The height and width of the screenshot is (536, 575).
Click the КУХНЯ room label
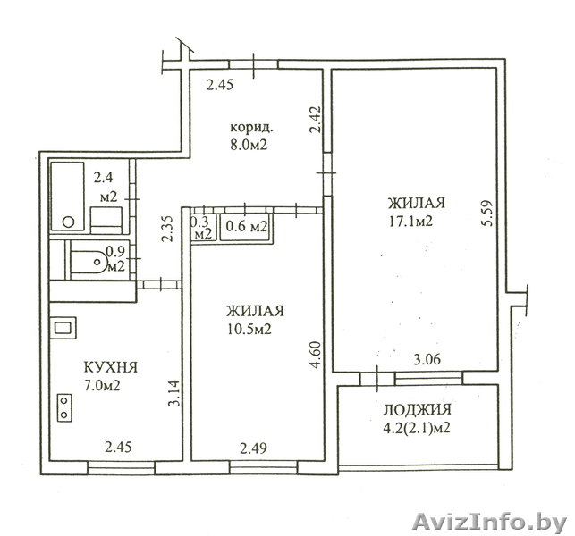pos(111,367)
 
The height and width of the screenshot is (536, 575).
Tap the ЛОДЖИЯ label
pos(418,410)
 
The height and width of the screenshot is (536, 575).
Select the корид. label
pos(251,128)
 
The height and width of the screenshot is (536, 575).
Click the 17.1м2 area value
pos(410,222)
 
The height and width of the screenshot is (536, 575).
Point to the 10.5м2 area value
pos(249,330)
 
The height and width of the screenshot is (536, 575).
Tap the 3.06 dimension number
pos(427,359)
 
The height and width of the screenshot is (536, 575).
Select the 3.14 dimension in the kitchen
pos(173,393)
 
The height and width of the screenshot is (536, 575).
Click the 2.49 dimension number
pos(254,448)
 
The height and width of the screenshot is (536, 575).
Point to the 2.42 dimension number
pos(316,120)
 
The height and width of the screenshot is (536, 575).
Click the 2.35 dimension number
pos(167,229)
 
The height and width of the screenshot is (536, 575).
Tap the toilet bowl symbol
pos(89,263)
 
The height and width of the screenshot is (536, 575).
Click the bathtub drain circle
pos(68,222)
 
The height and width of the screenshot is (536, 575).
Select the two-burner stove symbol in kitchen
pos(64,407)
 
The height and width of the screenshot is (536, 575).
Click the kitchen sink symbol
pos(65,328)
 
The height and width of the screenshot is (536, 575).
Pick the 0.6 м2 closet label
pos(247,227)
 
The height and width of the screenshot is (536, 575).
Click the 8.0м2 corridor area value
pos(249,145)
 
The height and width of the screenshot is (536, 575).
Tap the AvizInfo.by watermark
pos(490,522)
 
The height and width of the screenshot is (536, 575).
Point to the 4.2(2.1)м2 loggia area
pos(417,428)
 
